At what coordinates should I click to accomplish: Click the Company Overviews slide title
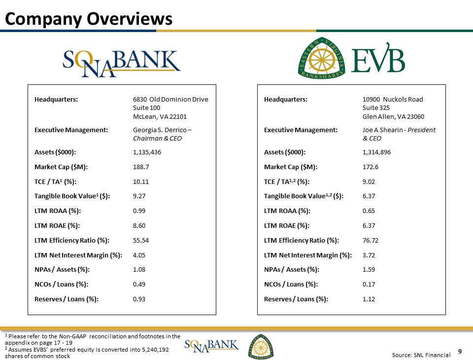(89, 18)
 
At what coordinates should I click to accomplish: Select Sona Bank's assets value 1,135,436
(147, 152)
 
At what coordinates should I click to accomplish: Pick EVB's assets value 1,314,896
(377, 152)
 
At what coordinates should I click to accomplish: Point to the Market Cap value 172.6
(371, 167)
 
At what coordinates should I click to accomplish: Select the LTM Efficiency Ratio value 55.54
(141, 240)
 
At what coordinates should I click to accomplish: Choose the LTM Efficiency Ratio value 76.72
(371, 240)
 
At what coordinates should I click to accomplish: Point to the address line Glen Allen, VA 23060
(393, 116)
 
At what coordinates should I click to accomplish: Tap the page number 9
(460, 352)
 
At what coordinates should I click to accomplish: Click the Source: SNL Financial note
(421, 355)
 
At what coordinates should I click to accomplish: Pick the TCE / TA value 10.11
(141, 181)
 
